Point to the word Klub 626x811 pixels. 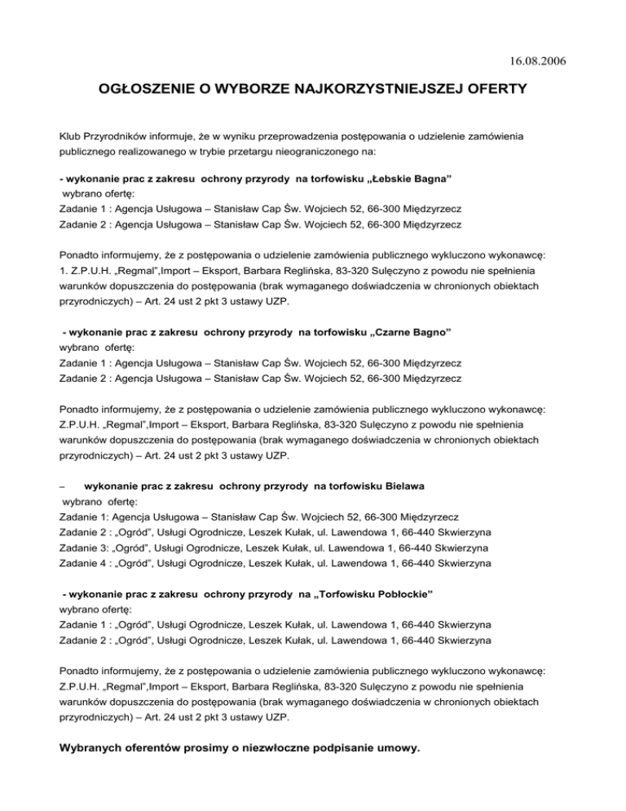[73, 132]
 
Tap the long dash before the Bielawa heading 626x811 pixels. [64, 487]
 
